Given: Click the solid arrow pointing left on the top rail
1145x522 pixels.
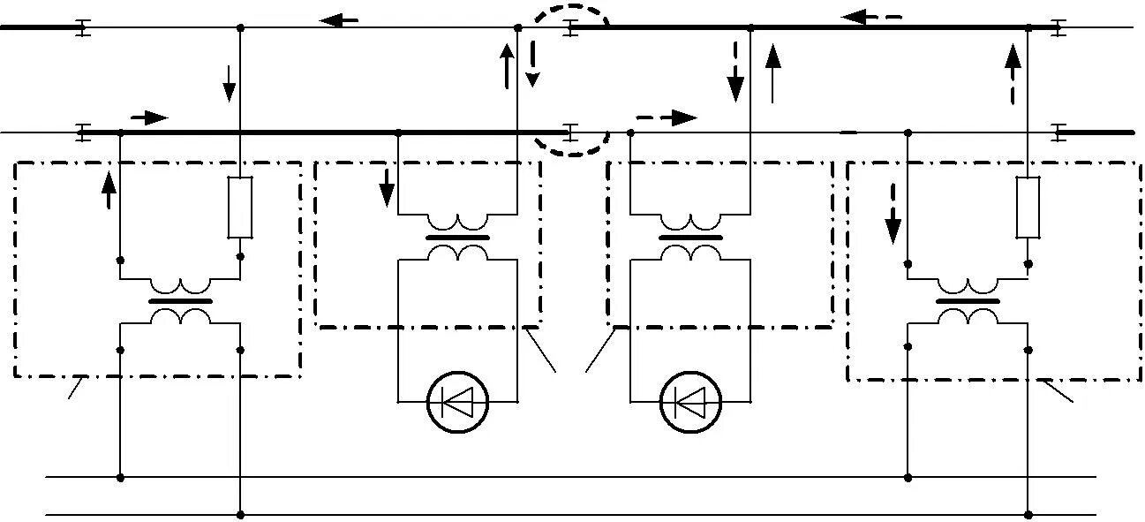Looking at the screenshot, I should point(339,19).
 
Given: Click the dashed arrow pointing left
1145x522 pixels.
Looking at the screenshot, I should point(871,17).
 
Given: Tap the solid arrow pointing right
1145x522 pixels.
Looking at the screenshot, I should point(148,117).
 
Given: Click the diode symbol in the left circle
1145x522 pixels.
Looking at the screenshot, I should point(457,404).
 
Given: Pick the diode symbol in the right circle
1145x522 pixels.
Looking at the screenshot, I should point(690,404).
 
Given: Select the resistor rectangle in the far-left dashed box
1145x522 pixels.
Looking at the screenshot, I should point(240,208).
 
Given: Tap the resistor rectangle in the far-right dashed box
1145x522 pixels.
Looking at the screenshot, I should point(1028,208).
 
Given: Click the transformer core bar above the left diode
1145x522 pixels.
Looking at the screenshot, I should point(457,238).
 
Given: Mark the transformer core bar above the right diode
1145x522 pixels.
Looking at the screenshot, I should point(690,238).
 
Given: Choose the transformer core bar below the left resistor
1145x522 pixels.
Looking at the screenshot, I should point(180,301).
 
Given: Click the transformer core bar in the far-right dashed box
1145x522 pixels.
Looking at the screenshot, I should point(968,301).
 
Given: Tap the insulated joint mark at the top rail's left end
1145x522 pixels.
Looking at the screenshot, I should point(81,28).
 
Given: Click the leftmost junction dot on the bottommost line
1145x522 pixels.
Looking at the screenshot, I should point(240,514).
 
